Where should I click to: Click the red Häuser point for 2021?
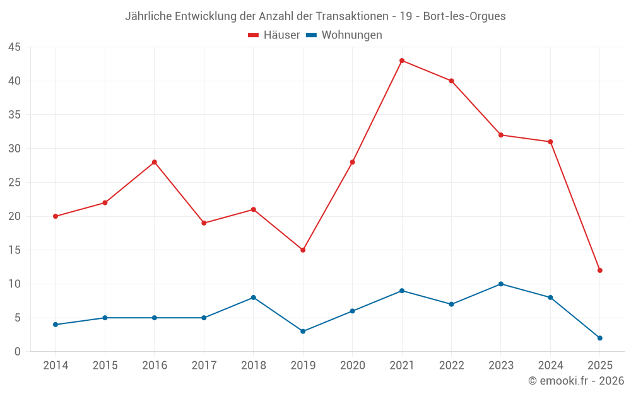[x=402, y=61]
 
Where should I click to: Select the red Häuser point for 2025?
[x=600, y=270]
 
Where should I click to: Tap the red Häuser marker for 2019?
[x=303, y=250]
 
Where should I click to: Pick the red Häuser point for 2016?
[x=155, y=162]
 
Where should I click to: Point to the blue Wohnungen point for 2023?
[x=501, y=284]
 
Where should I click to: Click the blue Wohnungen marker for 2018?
[x=254, y=298]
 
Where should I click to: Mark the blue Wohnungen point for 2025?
[x=600, y=338]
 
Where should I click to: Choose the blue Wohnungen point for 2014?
[x=56, y=325]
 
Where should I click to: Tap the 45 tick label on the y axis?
[x=15, y=47]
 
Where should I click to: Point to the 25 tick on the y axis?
[x=15, y=183]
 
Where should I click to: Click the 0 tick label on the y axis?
[x=18, y=352]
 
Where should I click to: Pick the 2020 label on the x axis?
[x=352, y=366]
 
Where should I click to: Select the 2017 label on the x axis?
[x=204, y=366]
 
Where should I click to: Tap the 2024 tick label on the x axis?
[x=550, y=366]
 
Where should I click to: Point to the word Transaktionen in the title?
[x=351, y=16]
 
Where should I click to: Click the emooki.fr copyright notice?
[x=576, y=381]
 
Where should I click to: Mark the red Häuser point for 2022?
[x=451, y=81]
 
